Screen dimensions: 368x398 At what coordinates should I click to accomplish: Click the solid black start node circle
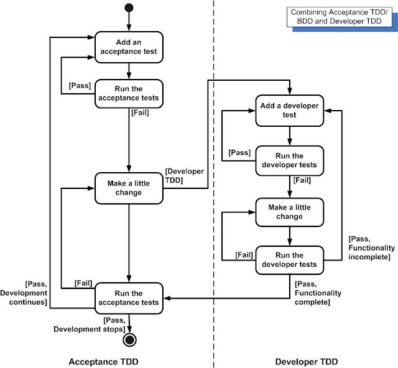pos(128,8)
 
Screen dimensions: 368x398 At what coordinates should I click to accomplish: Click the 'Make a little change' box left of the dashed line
pos(128,187)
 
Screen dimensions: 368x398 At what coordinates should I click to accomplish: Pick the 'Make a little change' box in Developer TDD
pos(289,212)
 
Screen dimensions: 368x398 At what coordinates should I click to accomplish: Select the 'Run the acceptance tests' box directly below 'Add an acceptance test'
pos(128,93)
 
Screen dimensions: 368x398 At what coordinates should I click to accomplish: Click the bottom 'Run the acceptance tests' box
pos(128,297)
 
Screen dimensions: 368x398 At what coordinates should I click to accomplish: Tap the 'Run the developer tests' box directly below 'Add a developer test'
pos(289,160)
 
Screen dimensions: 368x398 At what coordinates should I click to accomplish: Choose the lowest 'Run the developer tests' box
pos(289,260)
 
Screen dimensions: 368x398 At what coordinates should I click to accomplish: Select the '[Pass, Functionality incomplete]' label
pos(371,248)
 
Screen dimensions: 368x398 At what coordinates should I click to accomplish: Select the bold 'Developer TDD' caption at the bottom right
pos(303,360)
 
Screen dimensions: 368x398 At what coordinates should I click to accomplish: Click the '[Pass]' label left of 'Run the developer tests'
pos(239,152)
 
